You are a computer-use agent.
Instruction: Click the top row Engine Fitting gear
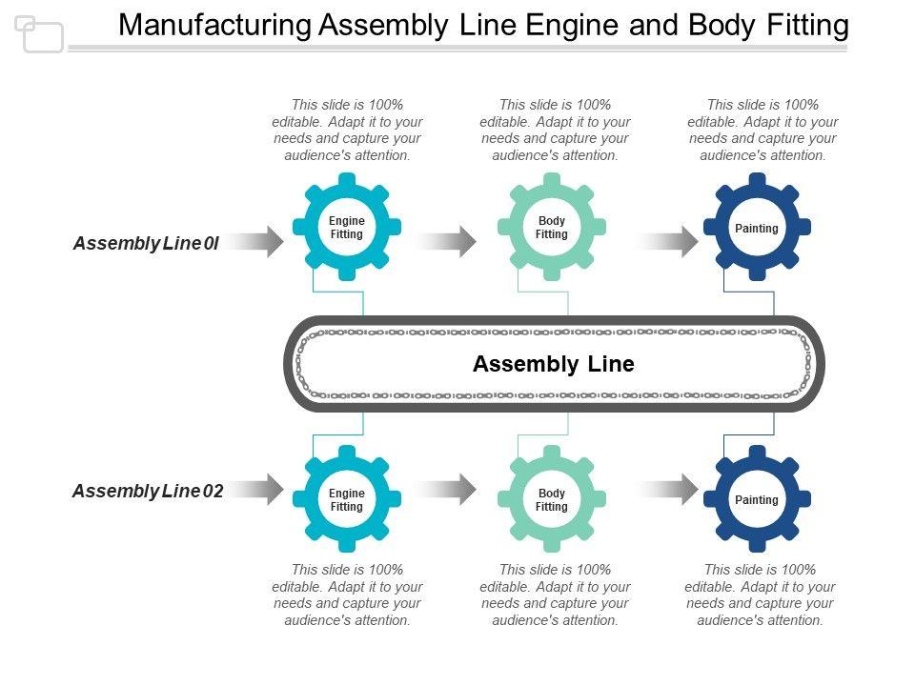click(x=347, y=228)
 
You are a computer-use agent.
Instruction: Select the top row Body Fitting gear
click(x=552, y=228)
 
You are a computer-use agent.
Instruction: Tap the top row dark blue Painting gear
click(x=757, y=228)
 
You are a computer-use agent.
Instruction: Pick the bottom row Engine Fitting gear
click(x=347, y=499)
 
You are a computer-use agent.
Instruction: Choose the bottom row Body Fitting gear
click(x=552, y=499)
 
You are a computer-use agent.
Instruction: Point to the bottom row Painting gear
click(x=757, y=499)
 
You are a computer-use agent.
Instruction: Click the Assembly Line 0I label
click(x=146, y=243)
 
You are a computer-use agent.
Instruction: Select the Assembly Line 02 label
click(x=148, y=491)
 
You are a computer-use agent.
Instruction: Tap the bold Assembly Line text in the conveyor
click(x=553, y=364)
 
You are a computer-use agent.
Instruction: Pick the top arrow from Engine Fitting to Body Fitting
click(x=446, y=242)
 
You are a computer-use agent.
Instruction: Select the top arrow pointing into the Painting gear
click(x=668, y=242)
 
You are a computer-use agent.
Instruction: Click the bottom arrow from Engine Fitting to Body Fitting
click(x=446, y=490)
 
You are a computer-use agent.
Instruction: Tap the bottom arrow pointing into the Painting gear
click(x=668, y=490)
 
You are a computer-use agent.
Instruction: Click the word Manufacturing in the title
click(x=215, y=26)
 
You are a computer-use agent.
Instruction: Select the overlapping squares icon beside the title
click(x=39, y=34)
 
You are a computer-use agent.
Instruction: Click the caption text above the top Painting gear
click(x=762, y=130)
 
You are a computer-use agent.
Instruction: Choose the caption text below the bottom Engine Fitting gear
click(x=347, y=595)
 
